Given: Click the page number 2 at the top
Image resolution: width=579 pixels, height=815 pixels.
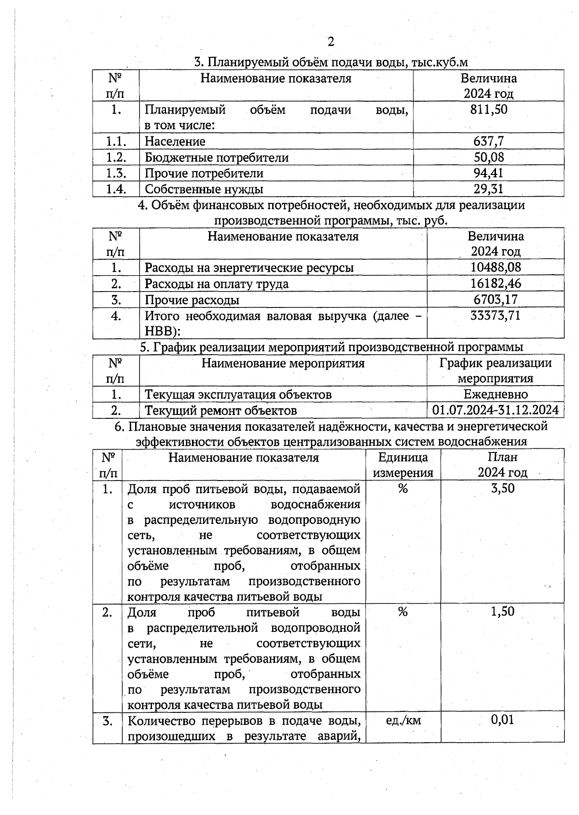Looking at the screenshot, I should (x=331, y=42).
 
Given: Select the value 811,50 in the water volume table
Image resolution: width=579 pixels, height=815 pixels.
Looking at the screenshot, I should (x=489, y=109).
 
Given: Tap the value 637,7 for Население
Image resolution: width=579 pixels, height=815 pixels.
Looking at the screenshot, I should (x=489, y=141).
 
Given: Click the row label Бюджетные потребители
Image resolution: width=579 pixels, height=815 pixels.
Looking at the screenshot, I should (x=217, y=158).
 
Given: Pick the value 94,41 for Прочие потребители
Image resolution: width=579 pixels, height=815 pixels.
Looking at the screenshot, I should (x=489, y=173).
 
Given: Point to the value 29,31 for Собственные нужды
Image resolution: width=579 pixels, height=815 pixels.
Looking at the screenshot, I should (x=489, y=189).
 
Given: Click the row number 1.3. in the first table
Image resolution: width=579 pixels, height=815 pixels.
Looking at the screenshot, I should (x=116, y=173).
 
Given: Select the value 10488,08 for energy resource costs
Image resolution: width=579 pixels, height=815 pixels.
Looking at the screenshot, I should (x=496, y=267).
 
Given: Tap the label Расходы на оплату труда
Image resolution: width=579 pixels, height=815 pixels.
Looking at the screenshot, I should (x=217, y=284).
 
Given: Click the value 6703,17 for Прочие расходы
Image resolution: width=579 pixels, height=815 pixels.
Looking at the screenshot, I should (x=496, y=300).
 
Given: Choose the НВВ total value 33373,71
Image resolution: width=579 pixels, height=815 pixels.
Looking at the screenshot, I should (x=496, y=316).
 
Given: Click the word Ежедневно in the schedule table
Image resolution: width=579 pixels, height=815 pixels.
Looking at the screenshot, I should (x=496, y=394).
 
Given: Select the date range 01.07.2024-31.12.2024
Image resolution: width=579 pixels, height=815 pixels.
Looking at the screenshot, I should (x=496, y=410).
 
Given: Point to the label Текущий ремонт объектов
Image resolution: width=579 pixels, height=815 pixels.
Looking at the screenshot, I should (x=221, y=411).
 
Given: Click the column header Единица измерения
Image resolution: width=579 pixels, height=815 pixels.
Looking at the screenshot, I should (x=403, y=465).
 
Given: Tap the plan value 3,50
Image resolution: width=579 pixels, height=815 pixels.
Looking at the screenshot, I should (x=502, y=488).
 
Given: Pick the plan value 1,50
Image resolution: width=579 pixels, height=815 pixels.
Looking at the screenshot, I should (x=502, y=612).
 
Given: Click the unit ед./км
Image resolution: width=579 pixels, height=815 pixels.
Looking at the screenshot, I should (x=403, y=720).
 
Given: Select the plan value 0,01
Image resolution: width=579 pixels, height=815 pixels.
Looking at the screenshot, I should (x=502, y=720).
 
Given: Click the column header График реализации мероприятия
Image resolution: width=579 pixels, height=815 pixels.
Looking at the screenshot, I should (x=496, y=371).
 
